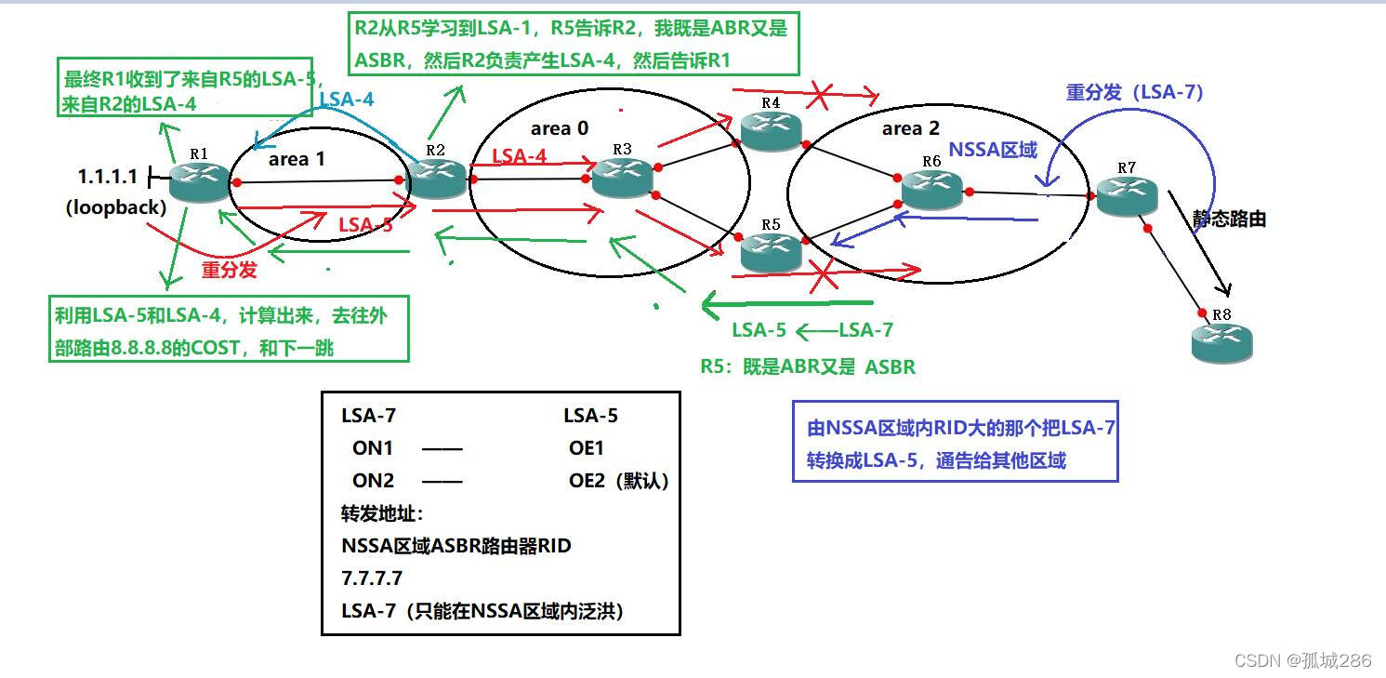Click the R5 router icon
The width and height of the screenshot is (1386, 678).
[771, 250]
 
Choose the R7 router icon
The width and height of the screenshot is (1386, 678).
[1127, 193]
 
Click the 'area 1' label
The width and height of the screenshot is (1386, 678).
[297, 159]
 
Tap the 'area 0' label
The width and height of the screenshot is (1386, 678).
[560, 128]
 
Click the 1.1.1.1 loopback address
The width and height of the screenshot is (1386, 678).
[107, 176]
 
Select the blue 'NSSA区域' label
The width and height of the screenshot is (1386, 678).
[992, 150]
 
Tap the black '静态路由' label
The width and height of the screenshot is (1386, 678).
[1229, 219]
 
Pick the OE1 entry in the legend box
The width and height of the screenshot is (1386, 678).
[587, 448]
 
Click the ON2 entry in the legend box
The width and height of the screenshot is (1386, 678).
[373, 480]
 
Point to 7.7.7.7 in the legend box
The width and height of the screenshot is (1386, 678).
[372, 578]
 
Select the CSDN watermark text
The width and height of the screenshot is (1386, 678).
[1302, 660]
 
